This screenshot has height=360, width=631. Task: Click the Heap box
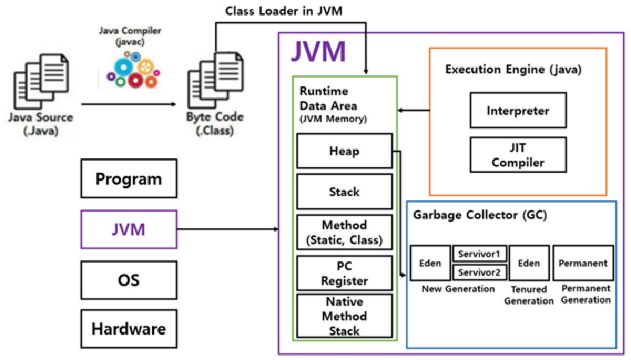point(344,151)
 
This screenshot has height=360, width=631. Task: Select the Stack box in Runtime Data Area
point(344,192)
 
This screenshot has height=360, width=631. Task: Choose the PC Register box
point(344,273)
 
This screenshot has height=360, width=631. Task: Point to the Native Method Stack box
point(344,316)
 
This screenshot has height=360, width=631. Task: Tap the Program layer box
point(129,179)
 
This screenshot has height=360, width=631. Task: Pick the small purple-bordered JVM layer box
point(129,229)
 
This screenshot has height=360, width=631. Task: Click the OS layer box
point(129,279)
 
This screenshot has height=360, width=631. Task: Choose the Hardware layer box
point(129,330)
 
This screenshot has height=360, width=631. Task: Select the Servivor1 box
point(480,254)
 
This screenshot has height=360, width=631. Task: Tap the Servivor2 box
point(480,272)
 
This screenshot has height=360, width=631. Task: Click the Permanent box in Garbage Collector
point(583,263)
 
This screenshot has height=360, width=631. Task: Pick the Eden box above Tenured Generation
point(529,263)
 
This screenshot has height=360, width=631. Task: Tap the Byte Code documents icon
point(210,82)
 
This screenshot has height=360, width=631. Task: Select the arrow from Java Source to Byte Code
point(129,104)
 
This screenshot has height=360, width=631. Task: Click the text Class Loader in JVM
point(284,11)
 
